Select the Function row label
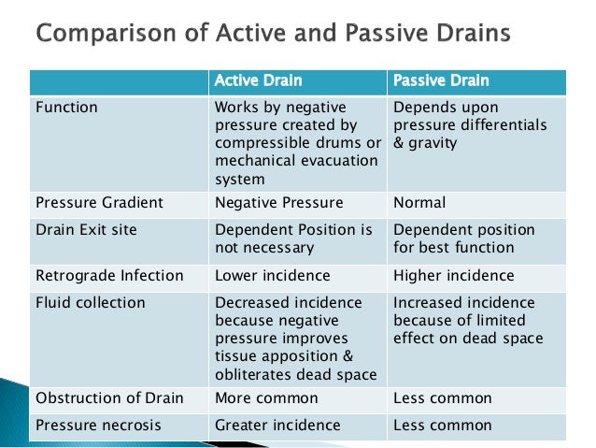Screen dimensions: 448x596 pyautogui.click(x=66, y=107)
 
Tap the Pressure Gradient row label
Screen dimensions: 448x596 pyautogui.click(x=99, y=202)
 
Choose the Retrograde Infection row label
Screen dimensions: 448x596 pyautogui.click(x=109, y=275)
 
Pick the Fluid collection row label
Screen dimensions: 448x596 pyautogui.click(x=91, y=302)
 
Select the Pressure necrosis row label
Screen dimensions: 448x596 pyautogui.click(x=98, y=425)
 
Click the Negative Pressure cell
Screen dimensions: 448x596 pyautogui.click(x=278, y=202)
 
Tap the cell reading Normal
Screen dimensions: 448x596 pyautogui.click(x=419, y=202)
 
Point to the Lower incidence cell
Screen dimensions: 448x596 pyautogui.click(x=273, y=275)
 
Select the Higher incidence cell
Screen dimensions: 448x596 pyautogui.click(x=454, y=275)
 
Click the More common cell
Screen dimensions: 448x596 pyautogui.click(x=266, y=397)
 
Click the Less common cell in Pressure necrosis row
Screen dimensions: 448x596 pyautogui.click(x=443, y=425)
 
